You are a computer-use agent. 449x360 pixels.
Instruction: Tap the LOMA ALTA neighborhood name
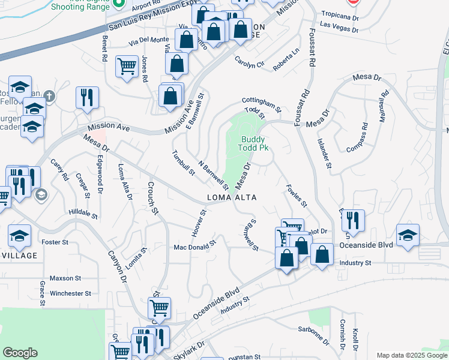coord(232,197)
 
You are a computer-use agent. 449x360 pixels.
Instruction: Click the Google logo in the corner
coord(20,353)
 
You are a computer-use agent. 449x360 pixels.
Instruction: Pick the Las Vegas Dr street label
coord(339,25)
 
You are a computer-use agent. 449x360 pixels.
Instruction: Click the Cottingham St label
coord(262,104)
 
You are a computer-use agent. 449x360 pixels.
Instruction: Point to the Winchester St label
coord(70,293)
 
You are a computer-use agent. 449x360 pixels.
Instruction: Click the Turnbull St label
coord(184,163)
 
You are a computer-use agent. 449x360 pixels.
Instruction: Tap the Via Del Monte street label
coord(148,40)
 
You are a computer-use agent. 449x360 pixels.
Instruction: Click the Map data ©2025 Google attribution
coord(412,355)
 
